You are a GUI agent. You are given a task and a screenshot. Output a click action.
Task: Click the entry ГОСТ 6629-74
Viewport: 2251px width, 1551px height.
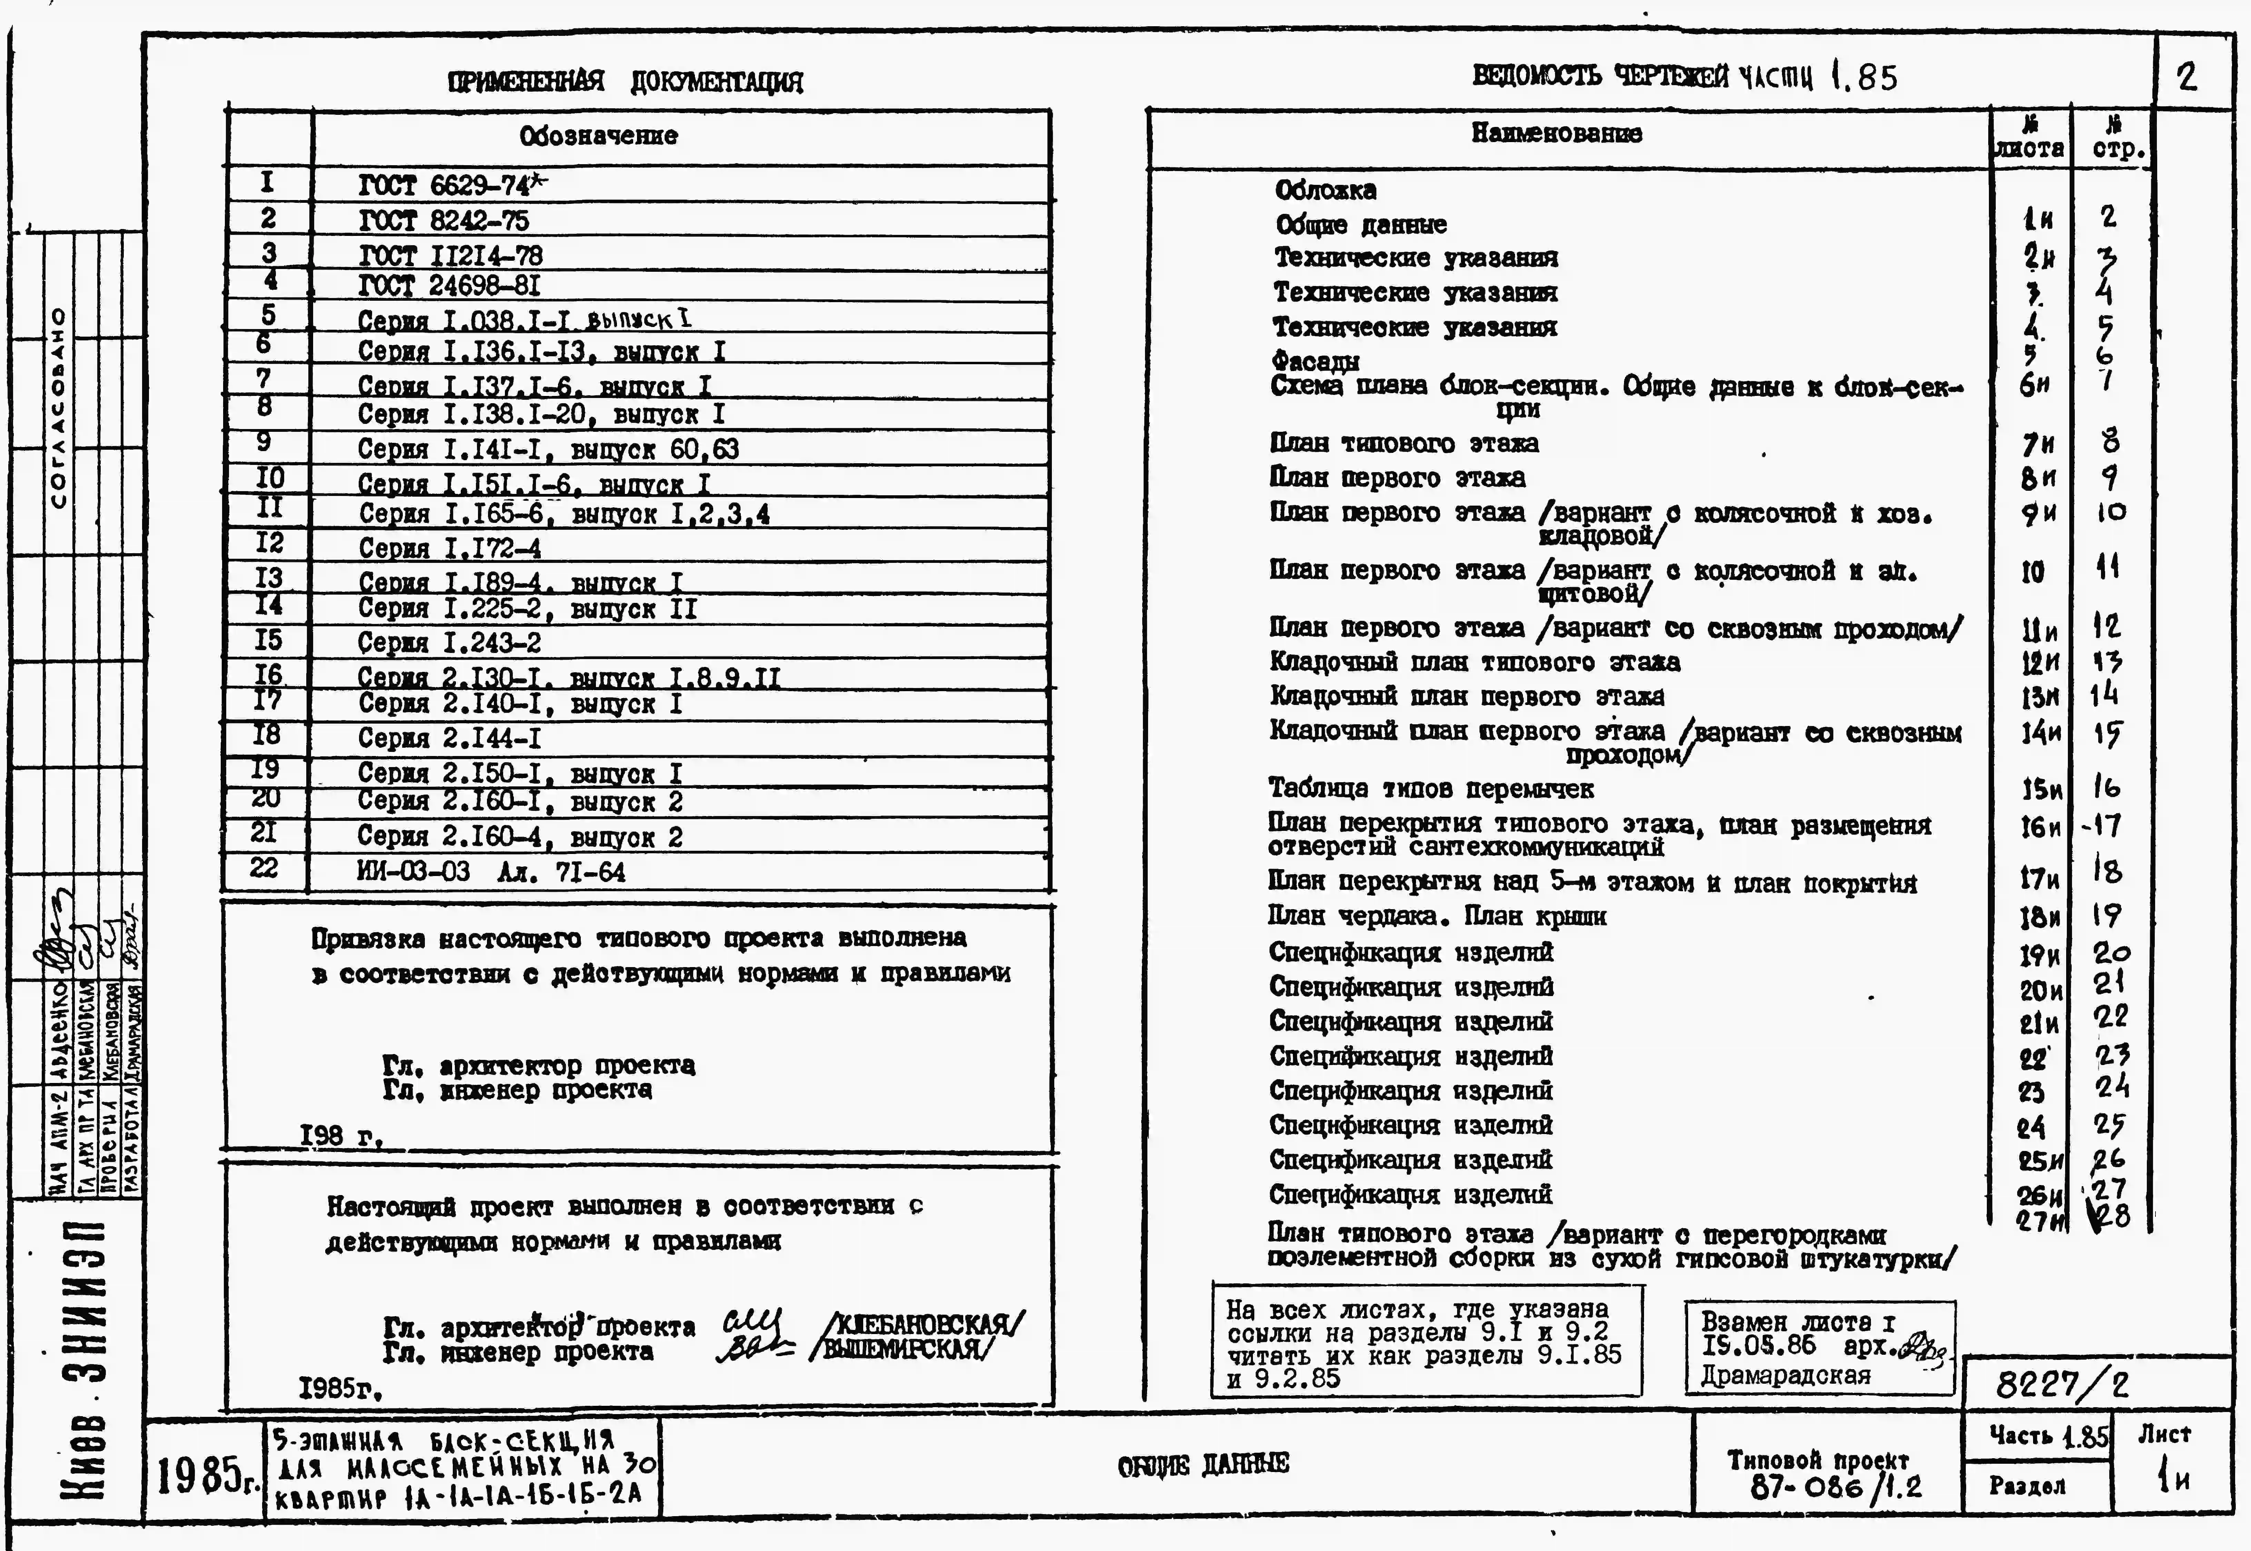(452, 185)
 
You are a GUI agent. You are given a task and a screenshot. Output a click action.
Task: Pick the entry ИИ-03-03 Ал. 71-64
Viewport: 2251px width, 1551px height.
(491, 872)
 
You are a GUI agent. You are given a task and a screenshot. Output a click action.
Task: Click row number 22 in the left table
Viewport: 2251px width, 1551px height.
(264, 868)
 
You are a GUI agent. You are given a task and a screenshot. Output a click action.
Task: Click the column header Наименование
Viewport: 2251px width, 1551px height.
(1556, 134)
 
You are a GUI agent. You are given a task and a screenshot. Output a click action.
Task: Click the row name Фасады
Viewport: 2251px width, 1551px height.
(1315, 361)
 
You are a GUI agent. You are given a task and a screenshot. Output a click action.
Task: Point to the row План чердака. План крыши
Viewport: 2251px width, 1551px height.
(1437, 916)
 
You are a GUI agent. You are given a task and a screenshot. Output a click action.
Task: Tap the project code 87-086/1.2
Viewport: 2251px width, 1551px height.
(1836, 1487)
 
